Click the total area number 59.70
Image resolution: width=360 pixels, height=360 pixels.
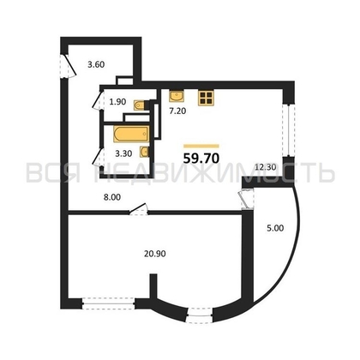pos(201,158)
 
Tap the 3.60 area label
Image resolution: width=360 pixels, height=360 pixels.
pos(96,64)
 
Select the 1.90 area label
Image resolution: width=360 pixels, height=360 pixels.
pos(117,102)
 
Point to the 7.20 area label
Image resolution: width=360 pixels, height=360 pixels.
pos(177,111)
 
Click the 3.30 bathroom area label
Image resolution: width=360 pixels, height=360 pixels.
pos(123,153)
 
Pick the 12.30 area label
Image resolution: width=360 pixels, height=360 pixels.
pos(266,167)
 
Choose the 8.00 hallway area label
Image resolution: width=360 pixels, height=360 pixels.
pos(112,197)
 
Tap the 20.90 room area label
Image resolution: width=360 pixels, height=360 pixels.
pos(155,253)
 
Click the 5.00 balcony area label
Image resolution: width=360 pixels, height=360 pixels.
pos(275,228)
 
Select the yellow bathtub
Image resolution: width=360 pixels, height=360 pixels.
pos(131,134)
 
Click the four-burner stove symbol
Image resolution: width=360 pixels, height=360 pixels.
pos(206,98)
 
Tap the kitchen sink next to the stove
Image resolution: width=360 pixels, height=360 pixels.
pos(177,96)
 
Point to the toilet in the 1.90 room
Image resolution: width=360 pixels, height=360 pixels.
pos(141,105)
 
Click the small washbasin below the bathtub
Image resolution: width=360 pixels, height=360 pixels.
pos(144,152)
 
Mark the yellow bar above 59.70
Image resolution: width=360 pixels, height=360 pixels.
pos(201,146)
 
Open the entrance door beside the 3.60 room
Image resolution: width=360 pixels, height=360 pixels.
pos(69,66)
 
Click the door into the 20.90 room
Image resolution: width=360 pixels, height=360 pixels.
pos(138,208)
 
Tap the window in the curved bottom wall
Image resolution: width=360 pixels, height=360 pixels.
pos(200,315)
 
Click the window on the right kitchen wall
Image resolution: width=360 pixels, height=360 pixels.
pos(288,130)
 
